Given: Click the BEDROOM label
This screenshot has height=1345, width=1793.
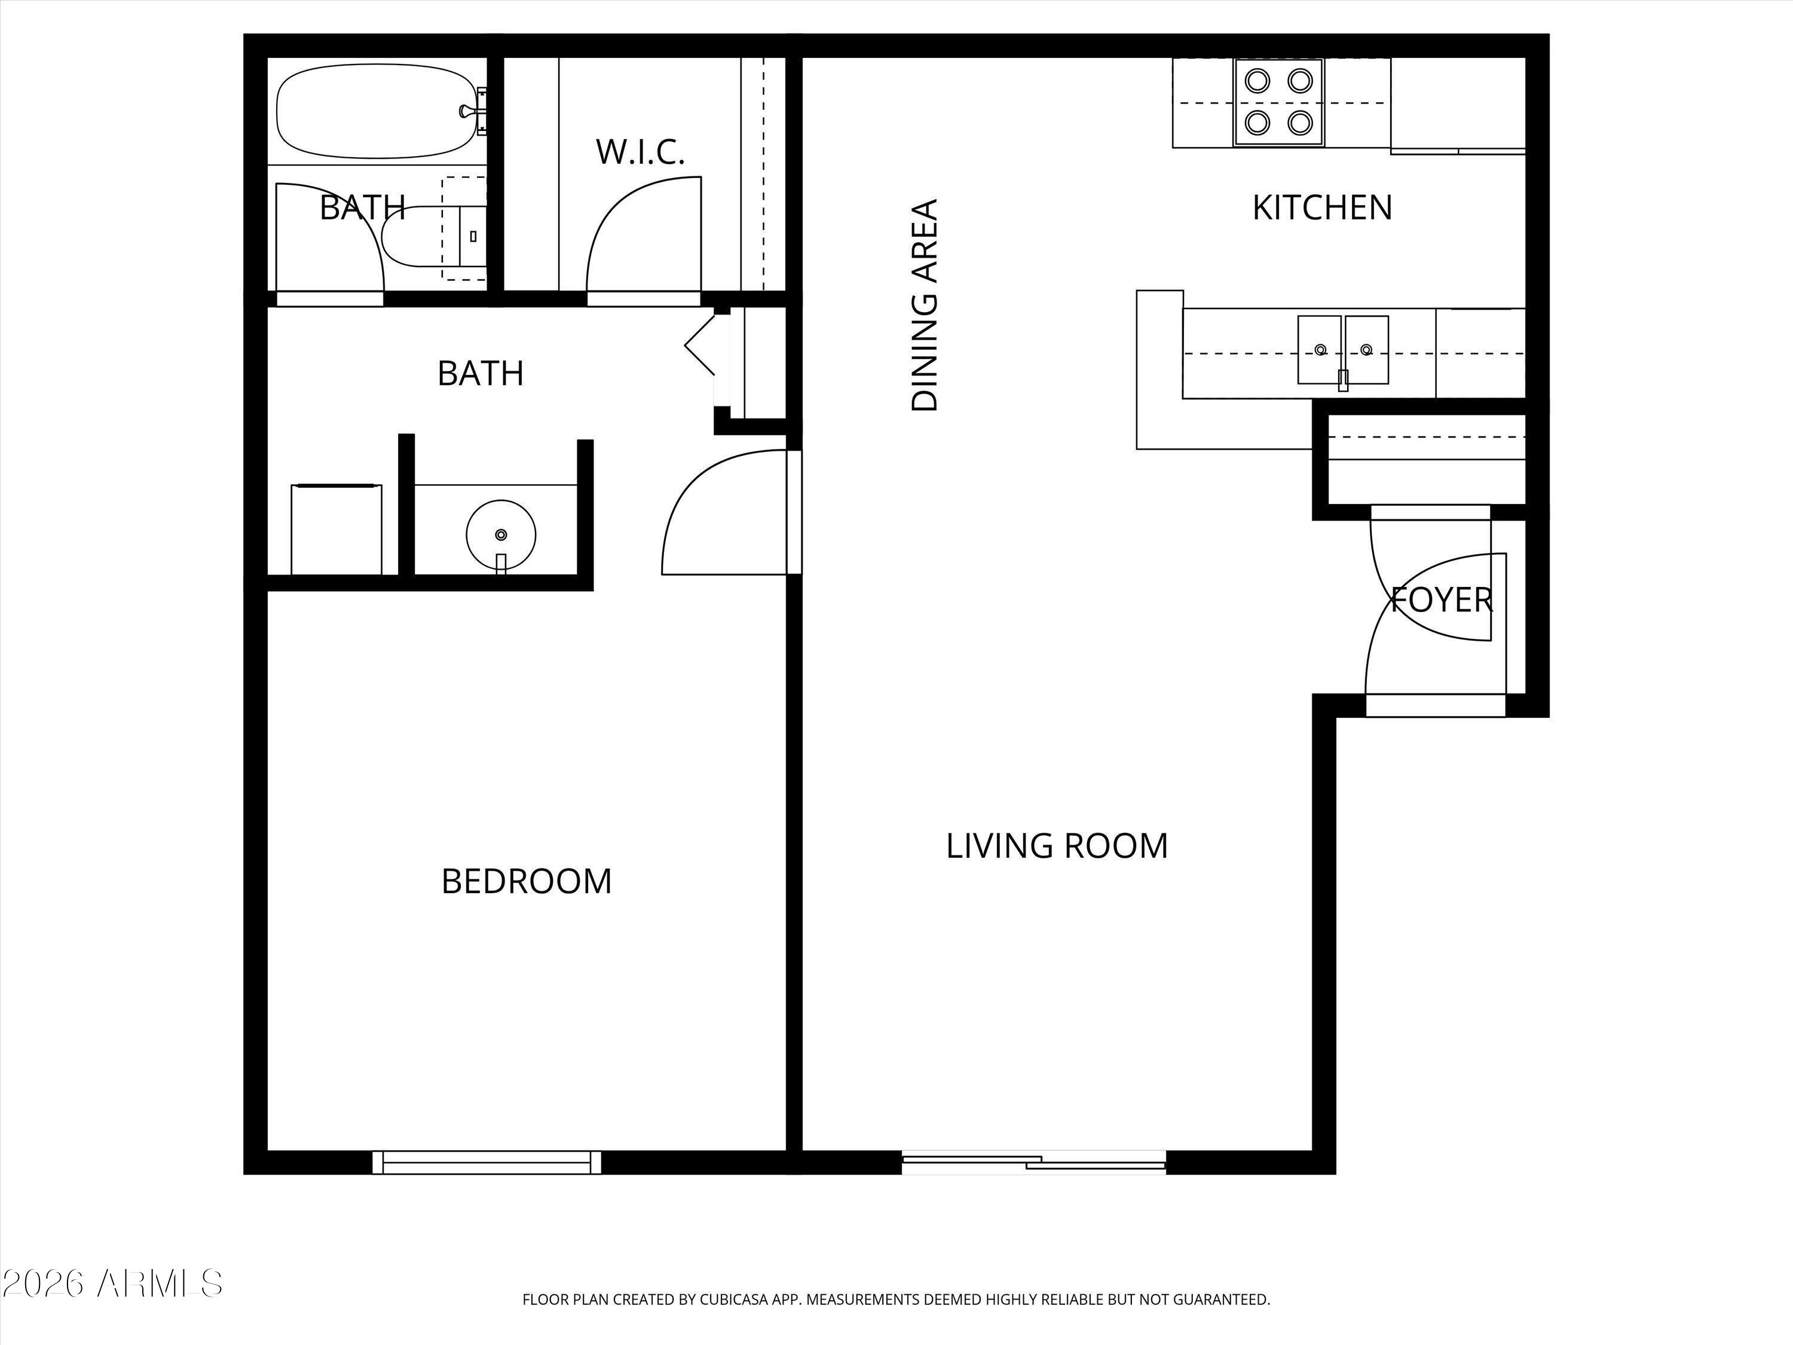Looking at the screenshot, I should [526, 881].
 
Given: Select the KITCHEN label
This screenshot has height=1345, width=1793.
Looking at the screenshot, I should [1322, 207].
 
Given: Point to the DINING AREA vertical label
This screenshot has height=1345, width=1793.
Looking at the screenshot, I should [925, 305].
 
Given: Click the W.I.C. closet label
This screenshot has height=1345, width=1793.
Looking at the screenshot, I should [640, 152].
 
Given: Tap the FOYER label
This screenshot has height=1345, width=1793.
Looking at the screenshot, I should [1441, 600].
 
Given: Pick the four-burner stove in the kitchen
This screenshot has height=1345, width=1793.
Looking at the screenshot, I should [1278, 102].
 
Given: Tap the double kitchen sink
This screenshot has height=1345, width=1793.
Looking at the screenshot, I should [1343, 350].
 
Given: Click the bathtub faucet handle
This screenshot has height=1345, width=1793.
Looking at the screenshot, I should [468, 111].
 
